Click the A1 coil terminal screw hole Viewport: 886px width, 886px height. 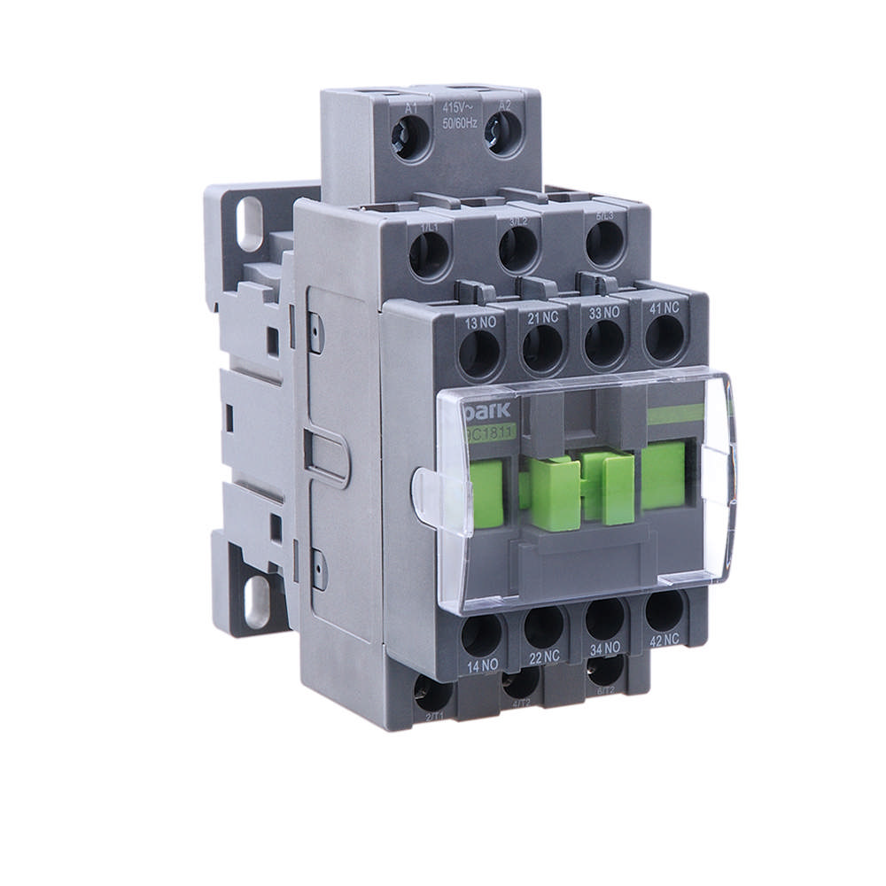pyautogui.click(x=410, y=138)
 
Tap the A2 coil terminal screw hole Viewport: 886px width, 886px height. pyautogui.click(x=504, y=136)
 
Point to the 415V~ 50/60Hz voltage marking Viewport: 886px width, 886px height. pyautogui.click(x=459, y=115)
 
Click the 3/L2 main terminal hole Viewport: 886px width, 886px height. pyautogui.click(x=517, y=248)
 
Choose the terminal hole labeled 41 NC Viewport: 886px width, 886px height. pyautogui.click(x=664, y=338)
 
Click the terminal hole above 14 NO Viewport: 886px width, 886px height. pyautogui.click(x=482, y=635)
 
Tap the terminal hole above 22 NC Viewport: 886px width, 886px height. pyautogui.click(x=544, y=626)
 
